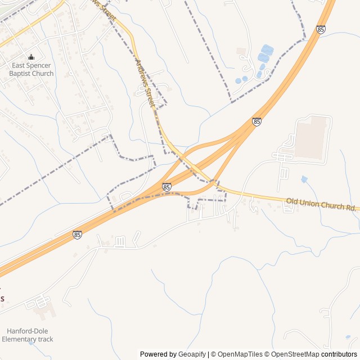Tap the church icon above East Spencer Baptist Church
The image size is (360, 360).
click(31, 57)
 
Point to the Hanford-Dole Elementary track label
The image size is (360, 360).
click(27, 335)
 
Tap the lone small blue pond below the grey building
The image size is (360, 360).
click(304, 179)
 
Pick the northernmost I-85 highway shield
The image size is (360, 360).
click(321, 29)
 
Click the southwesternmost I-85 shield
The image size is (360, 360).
click(77, 235)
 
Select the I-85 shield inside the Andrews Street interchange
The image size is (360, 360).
click(166, 187)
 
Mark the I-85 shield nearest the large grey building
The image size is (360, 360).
click(256, 121)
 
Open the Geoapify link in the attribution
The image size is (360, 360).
click(192, 354)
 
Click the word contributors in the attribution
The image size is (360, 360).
click(339, 354)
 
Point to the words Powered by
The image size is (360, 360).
click(158, 354)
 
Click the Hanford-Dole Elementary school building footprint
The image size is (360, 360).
click(43, 308)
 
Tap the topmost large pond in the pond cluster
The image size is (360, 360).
click(267, 50)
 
